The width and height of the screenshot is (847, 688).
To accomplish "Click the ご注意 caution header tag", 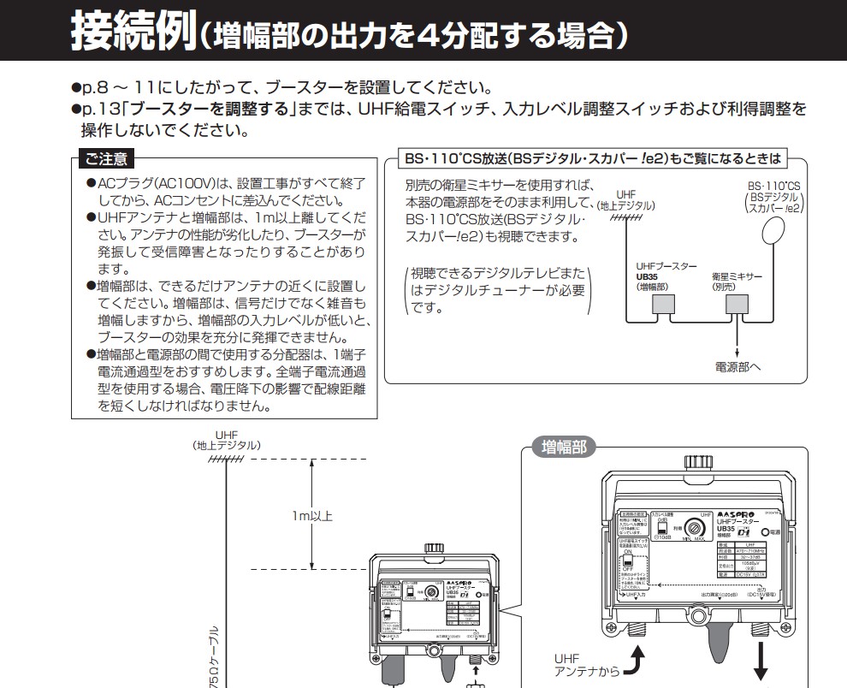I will click(x=104, y=159).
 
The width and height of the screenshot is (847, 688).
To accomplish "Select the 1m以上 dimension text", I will click(x=311, y=515).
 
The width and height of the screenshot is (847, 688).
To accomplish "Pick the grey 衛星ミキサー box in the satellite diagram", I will click(x=737, y=305).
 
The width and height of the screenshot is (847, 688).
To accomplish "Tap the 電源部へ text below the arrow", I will click(x=737, y=367).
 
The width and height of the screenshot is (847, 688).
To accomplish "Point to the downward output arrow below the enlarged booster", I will click(x=760, y=663).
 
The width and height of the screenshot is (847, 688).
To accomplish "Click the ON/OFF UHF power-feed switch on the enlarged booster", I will click(x=630, y=564).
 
